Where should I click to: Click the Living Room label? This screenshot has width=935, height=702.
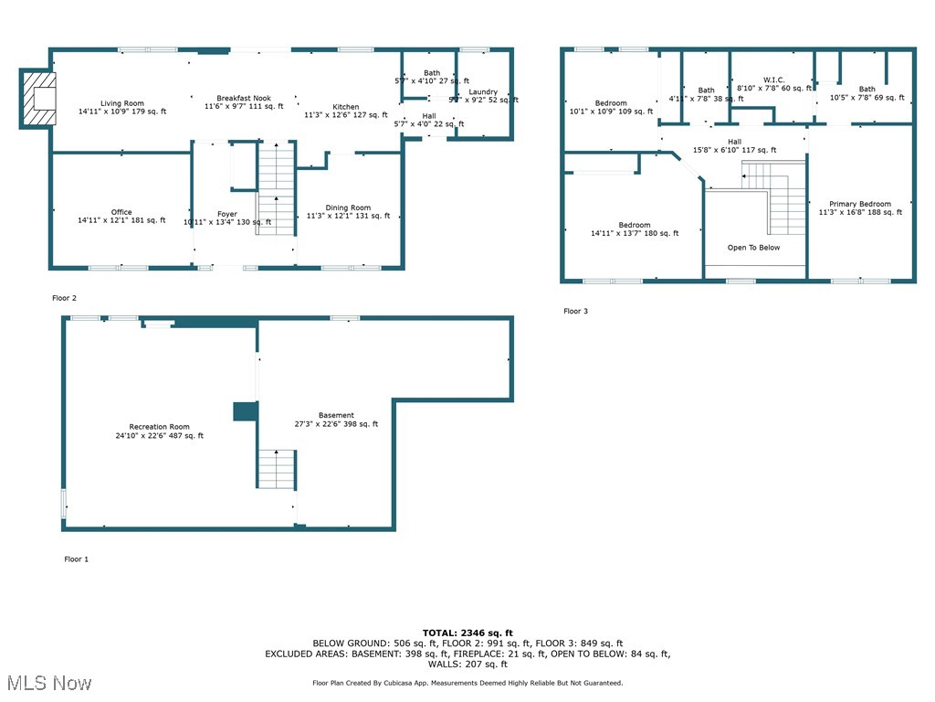coord(121,103)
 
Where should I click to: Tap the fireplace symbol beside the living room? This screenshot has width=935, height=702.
coord(38,98)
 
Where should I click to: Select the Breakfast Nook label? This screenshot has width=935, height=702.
coord(243,99)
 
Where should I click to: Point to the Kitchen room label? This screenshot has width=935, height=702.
coord(345,107)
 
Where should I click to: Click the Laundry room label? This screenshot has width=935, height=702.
coord(483,92)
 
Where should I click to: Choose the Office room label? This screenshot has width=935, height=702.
coord(121,213)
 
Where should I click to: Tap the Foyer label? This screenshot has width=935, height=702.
coord(226,214)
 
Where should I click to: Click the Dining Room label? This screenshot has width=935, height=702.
coord(348,208)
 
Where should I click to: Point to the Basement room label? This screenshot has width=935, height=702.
coord(336,416)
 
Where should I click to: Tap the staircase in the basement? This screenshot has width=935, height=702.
coord(276,468)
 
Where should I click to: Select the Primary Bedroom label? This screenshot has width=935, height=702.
coord(859,204)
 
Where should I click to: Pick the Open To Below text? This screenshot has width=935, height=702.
coord(753,248)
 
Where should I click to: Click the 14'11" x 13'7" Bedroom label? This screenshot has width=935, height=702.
coord(635,226)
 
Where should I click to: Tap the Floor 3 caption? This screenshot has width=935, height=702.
coord(575,312)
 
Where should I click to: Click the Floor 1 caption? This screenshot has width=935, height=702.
coord(76,558)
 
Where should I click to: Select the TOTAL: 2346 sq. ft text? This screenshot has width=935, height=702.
coord(467,633)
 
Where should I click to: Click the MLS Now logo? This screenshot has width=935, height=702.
coord(48,683)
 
